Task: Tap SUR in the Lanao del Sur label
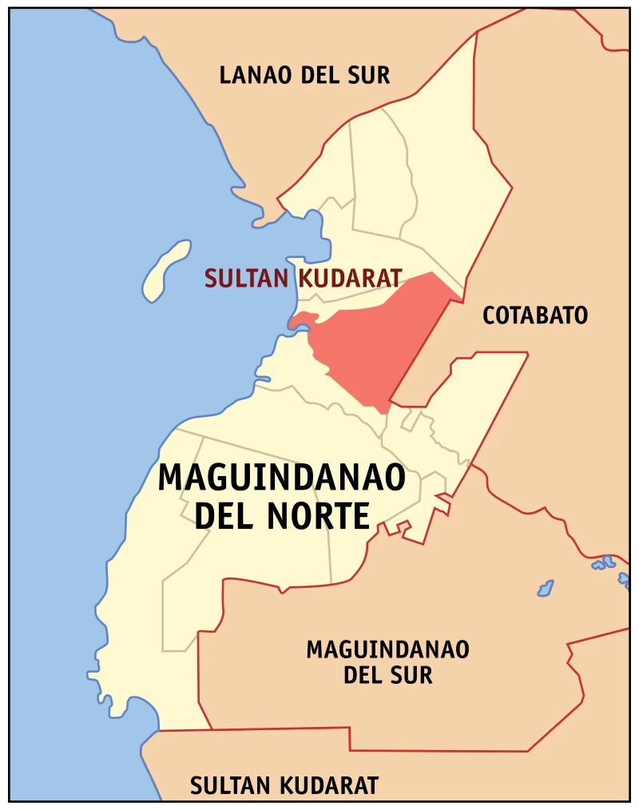(x=368, y=76)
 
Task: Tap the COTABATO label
(x=535, y=316)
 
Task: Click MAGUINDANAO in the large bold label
(x=281, y=478)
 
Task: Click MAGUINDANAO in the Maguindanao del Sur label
(x=387, y=649)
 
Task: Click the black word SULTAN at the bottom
(x=224, y=785)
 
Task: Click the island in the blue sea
(x=165, y=271)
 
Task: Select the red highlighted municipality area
(x=375, y=339)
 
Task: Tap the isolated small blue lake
(x=546, y=589)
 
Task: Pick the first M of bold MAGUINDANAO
(x=170, y=478)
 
